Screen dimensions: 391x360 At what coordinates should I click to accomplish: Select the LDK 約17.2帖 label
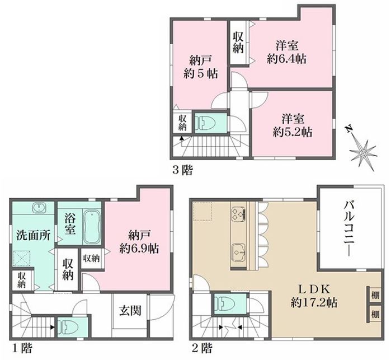point(314,296)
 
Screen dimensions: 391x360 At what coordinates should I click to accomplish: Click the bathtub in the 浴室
point(92,226)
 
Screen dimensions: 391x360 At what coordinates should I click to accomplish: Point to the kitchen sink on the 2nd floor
point(239,252)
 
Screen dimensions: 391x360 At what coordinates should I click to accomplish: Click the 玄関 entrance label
point(130,311)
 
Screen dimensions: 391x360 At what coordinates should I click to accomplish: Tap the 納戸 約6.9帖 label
point(139,242)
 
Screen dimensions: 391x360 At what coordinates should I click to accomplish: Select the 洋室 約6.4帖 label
point(287,53)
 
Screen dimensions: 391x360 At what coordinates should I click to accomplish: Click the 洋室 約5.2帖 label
point(293,125)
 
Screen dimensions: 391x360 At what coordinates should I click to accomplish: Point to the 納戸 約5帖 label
point(200,67)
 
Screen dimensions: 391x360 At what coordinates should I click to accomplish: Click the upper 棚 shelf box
point(375,295)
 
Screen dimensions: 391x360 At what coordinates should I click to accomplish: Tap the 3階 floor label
point(183,171)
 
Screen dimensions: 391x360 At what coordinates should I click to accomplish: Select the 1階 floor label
point(22,348)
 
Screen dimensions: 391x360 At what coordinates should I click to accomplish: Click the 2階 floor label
point(202,348)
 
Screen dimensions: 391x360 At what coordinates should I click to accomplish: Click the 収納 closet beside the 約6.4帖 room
point(238,43)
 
